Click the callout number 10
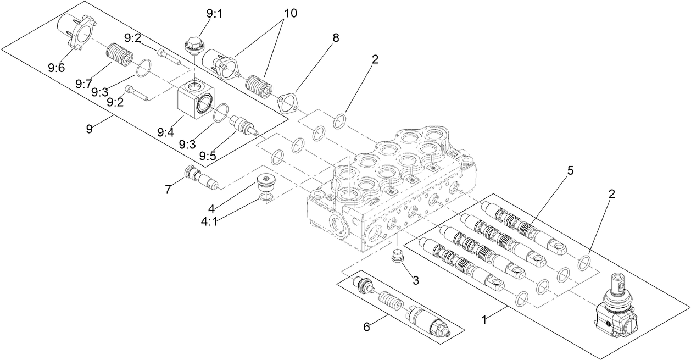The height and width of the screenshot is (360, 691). click(x=290, y=13)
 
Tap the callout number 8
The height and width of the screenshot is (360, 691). click(x=336, y=38)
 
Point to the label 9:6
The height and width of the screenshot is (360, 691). click(x=56, y=68)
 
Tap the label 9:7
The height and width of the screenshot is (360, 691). click(x=83, y=84)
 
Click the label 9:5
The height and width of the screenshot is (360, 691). click(x=208, y=156)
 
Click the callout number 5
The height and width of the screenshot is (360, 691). click(x=570, y=171)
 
